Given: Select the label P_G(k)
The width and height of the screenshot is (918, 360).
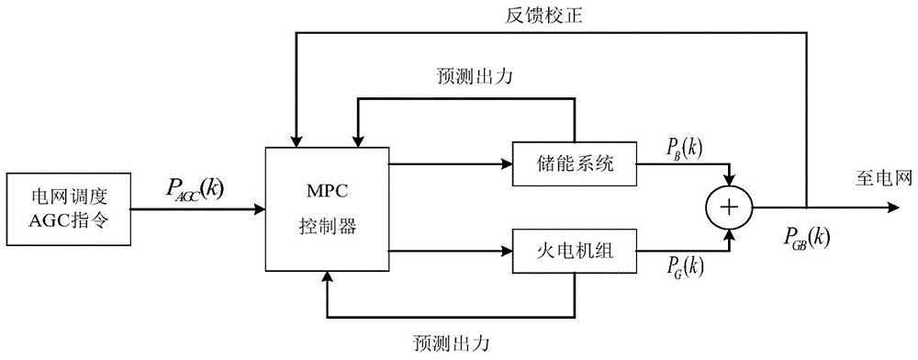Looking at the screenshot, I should tap(679, 267).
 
